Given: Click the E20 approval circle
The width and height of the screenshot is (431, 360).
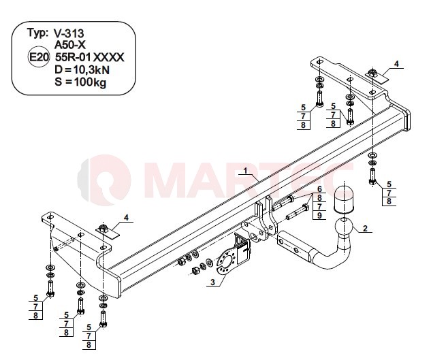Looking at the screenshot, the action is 39,57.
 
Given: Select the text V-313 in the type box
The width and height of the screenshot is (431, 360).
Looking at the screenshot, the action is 69,33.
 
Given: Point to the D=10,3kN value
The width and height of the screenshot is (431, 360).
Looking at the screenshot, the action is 82,70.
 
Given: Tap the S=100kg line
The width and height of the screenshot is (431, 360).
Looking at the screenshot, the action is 80,82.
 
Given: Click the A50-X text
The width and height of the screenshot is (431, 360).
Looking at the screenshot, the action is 70,45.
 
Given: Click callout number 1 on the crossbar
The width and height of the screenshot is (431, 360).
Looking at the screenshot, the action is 245,171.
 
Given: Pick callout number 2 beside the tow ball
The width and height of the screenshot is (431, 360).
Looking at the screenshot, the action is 365,228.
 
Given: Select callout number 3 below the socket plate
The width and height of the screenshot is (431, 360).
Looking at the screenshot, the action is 212,282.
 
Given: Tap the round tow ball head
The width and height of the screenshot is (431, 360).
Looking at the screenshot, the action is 343,227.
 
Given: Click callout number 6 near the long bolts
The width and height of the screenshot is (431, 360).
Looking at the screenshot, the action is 319,189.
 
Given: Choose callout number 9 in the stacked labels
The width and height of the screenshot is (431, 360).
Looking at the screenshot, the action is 319,215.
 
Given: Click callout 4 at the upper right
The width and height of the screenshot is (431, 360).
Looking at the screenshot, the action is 396,64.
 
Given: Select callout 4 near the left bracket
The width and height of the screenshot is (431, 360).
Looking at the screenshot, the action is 126,218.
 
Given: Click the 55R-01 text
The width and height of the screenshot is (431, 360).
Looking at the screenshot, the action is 73,57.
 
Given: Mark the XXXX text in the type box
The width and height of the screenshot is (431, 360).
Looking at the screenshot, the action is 109,57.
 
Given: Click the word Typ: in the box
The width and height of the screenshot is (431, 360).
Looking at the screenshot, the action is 37,33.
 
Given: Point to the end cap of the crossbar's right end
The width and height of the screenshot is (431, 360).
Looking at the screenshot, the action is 406,120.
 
